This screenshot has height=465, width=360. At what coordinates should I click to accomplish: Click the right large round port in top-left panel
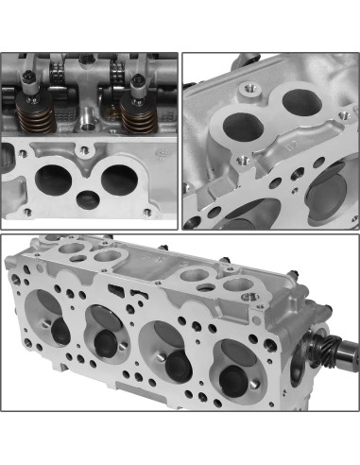click(x=121, y=179)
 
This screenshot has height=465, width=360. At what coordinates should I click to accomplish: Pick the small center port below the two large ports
click(x=89, y=199)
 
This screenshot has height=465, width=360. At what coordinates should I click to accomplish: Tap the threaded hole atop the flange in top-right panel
click(x=252, y=89)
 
